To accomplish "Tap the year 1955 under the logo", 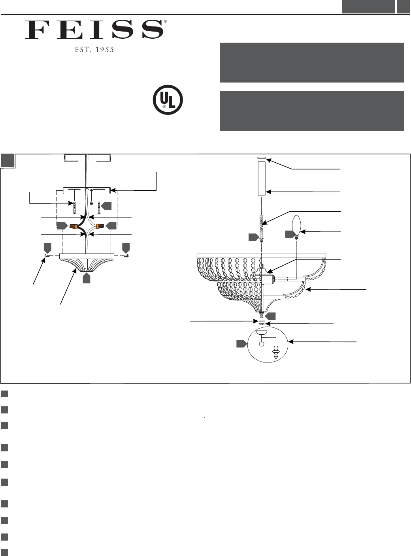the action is pos(104,50).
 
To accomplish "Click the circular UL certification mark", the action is pos(168,100).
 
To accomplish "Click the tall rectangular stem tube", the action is pos(262,178).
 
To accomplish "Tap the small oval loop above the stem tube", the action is pos(262,158).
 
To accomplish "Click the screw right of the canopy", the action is pos(126,256).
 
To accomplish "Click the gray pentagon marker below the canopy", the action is pos(87,278).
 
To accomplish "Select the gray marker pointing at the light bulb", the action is pos(290,234).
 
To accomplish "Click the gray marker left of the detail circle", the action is pos(241,344).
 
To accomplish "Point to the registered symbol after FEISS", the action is pos(165,22).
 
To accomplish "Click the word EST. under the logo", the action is pos(83,50).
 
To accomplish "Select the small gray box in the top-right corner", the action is pos(403,7).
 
